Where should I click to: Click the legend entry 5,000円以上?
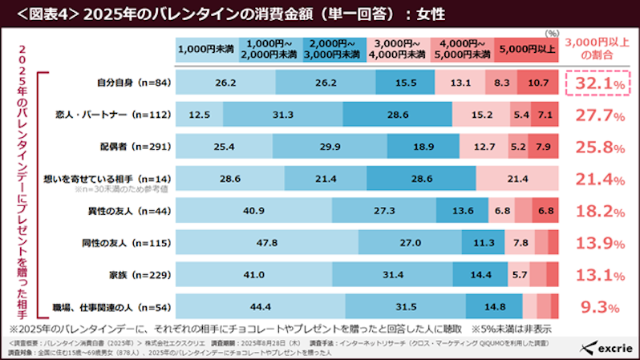525,49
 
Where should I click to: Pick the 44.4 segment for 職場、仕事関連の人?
260,305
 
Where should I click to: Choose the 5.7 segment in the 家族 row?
520,273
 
